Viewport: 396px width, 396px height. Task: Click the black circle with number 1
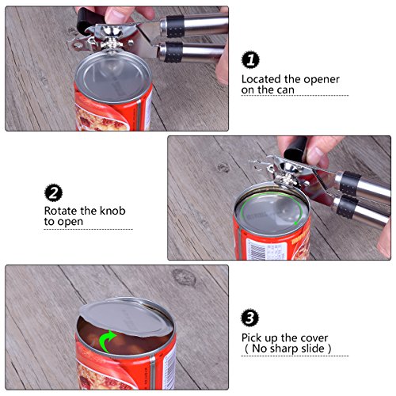coord(250,59)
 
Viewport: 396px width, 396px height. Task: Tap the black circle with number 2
coord(54,192)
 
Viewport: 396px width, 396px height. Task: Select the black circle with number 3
coord(249,318)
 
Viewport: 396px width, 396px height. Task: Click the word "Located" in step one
coord(261,79)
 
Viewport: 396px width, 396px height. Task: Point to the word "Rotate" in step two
coord(61,211)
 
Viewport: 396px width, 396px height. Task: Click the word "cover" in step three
coord(314,338)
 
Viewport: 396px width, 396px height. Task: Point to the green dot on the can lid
coord(295,223)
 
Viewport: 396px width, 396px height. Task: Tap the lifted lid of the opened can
coord(125,318)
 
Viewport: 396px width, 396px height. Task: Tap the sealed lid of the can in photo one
coord(113,76)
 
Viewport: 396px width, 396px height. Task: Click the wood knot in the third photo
coord(184,277)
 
